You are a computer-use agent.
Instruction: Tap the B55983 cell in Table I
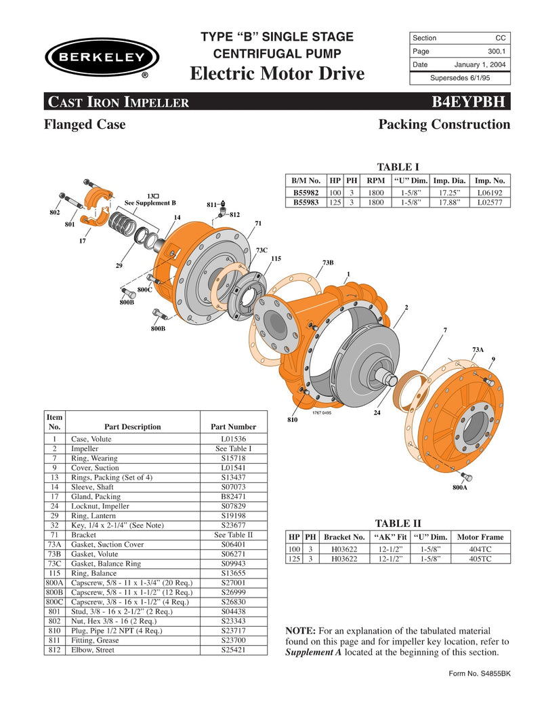[306, 202]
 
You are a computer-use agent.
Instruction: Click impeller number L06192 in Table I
[491, 193]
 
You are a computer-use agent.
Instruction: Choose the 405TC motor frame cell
[480, 559]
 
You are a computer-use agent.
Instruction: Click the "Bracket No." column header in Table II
[344, 537]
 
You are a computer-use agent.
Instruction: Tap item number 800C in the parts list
[55, 602]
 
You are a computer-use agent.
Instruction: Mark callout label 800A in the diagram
[461, 486]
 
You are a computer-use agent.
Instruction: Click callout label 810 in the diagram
[293, 421]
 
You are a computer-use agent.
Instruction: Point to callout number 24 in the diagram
[377, 412]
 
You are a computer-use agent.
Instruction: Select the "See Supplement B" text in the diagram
[150, 203]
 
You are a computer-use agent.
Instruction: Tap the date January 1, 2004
[480, 64]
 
